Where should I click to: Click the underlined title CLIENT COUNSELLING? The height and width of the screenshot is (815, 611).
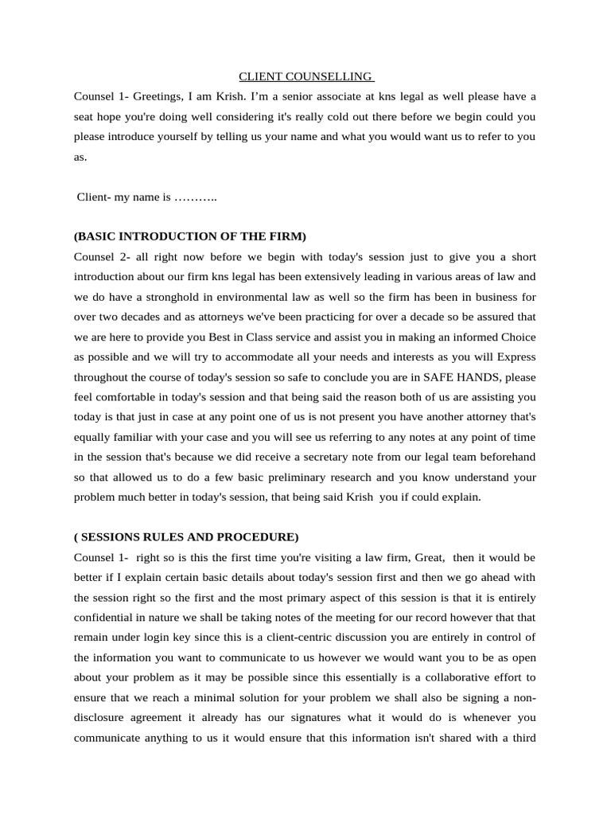[306, 76]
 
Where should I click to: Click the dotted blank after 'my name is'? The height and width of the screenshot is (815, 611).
[196, 197]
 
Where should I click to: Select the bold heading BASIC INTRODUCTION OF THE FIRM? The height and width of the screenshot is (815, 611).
[189, 236]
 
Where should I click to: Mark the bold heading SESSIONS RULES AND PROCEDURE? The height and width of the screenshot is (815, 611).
[186, 536]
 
